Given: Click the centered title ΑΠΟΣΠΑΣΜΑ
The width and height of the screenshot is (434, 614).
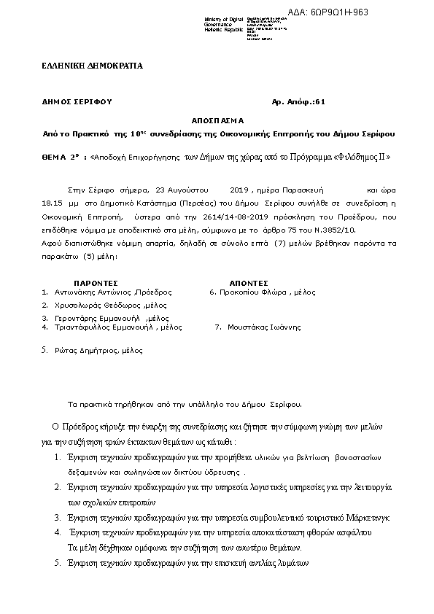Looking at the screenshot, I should [218, 120].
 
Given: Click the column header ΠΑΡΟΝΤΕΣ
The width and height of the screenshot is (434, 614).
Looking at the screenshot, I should [96, 281].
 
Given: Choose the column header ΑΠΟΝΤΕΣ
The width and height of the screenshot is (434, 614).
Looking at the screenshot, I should [249, 281].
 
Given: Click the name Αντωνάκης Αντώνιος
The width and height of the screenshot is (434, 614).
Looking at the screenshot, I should [86, 292].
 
